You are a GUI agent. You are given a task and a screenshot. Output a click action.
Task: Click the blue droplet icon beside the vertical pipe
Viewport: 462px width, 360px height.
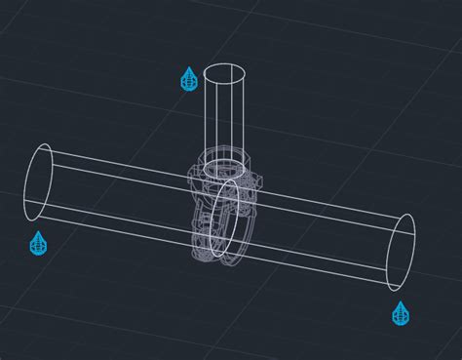point(189,79)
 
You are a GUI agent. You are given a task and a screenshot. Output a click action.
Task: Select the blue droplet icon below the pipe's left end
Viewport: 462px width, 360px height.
point(38,243)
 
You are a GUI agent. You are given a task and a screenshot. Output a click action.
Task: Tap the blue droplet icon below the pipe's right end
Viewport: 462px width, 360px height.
point(400,313)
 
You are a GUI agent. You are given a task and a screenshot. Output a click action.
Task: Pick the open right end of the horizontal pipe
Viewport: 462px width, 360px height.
point(401,252)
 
